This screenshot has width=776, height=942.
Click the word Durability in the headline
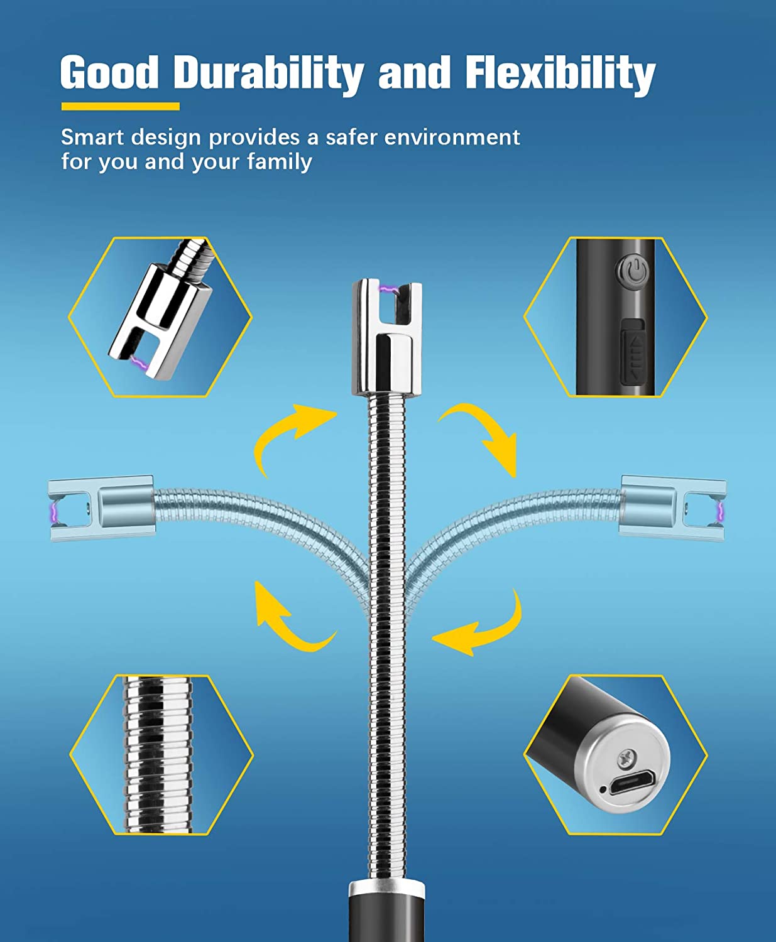click(268, 73)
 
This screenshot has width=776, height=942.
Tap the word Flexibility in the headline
click(560, 73)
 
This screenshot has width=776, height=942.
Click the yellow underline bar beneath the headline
click(120, 106)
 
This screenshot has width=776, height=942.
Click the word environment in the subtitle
click(452, 137)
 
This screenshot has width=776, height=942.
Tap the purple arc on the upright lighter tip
click(389, 290)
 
